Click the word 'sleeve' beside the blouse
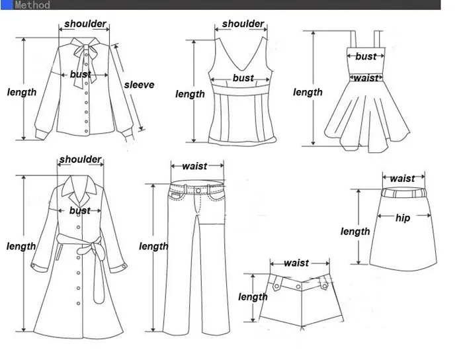(139, 85)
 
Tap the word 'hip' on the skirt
(403, 218)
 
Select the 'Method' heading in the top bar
(32, 5)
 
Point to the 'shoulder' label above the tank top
(243, 24)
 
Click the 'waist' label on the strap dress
(366, 78)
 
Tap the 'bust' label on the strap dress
(366, 56)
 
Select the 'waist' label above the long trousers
(194, 166)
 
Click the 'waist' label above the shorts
(296, 263)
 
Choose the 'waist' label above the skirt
(402, 179)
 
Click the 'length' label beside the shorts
(253, 296)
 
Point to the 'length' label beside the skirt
(355, 232)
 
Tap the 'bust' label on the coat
(80, 210)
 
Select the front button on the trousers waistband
(198, 191)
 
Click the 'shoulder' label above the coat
(80, 159)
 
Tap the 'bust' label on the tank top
(243, 78)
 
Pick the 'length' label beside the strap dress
(308, 92)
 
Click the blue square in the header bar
(7, 5)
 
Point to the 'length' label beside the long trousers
(153, 246)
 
